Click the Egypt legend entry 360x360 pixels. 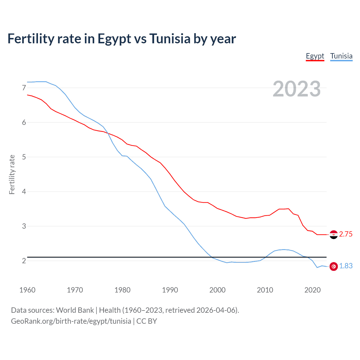315,56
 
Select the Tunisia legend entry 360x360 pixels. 341,56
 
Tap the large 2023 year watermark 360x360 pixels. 297,89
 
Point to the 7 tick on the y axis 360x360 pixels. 24,88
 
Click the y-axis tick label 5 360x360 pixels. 24,157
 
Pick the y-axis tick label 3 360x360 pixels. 24,226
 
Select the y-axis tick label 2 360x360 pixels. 24,261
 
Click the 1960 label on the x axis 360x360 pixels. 27,290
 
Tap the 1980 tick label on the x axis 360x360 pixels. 122,290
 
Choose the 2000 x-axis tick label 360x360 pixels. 217,290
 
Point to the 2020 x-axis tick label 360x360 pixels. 312,290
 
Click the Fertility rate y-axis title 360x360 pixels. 12,174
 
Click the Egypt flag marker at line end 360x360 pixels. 334,234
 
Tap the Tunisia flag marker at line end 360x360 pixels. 334,266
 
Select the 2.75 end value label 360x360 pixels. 346,234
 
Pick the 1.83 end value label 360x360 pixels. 346,266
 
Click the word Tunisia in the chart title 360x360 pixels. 170,39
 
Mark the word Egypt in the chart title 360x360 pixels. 114,39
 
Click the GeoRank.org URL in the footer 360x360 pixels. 71,321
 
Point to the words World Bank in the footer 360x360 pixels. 75,310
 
